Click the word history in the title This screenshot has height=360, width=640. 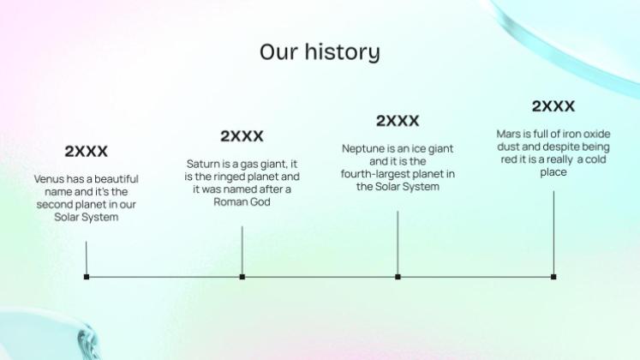343,52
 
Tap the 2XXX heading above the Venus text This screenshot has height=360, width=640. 87,152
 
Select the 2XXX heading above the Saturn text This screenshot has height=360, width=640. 242,136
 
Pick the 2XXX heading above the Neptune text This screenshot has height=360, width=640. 398,121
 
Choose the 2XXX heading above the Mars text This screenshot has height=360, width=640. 553,106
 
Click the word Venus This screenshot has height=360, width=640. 49,179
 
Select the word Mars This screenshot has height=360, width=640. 509,134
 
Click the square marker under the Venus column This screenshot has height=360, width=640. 87,277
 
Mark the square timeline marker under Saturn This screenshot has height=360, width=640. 242,277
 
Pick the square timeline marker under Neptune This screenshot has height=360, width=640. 398,277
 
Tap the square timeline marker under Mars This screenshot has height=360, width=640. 553,277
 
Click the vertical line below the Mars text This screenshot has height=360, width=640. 553,232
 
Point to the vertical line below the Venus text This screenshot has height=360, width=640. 87,258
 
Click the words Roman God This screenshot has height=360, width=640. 242,202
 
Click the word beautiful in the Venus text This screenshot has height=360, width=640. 117,179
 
